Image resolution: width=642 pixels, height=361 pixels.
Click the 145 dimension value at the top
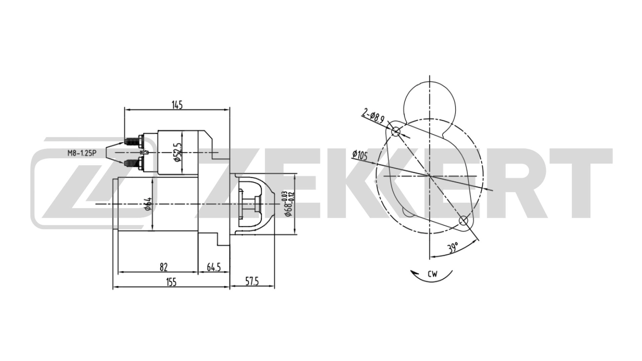pyautogui.click(x=177, y=105)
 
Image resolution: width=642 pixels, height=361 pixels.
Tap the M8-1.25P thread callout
pyautogui.click(x=82, y=153)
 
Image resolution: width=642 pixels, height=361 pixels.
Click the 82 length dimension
pyautogui.click(x=163, y=267)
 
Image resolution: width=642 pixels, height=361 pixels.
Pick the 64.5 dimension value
pyautogui.click(x=214, y=267)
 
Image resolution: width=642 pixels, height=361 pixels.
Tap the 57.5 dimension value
pyautogui.click(x=252, y=281)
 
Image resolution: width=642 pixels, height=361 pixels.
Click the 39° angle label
pyautogui.click(x=453, y=248)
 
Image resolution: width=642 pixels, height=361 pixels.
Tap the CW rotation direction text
pyautogui.click(x=433, y=274)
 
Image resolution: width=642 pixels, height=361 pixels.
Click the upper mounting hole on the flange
pyautogui.click(x=396, y=131)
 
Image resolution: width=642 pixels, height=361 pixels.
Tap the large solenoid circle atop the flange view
pyautogui.click(x=430, y=100)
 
